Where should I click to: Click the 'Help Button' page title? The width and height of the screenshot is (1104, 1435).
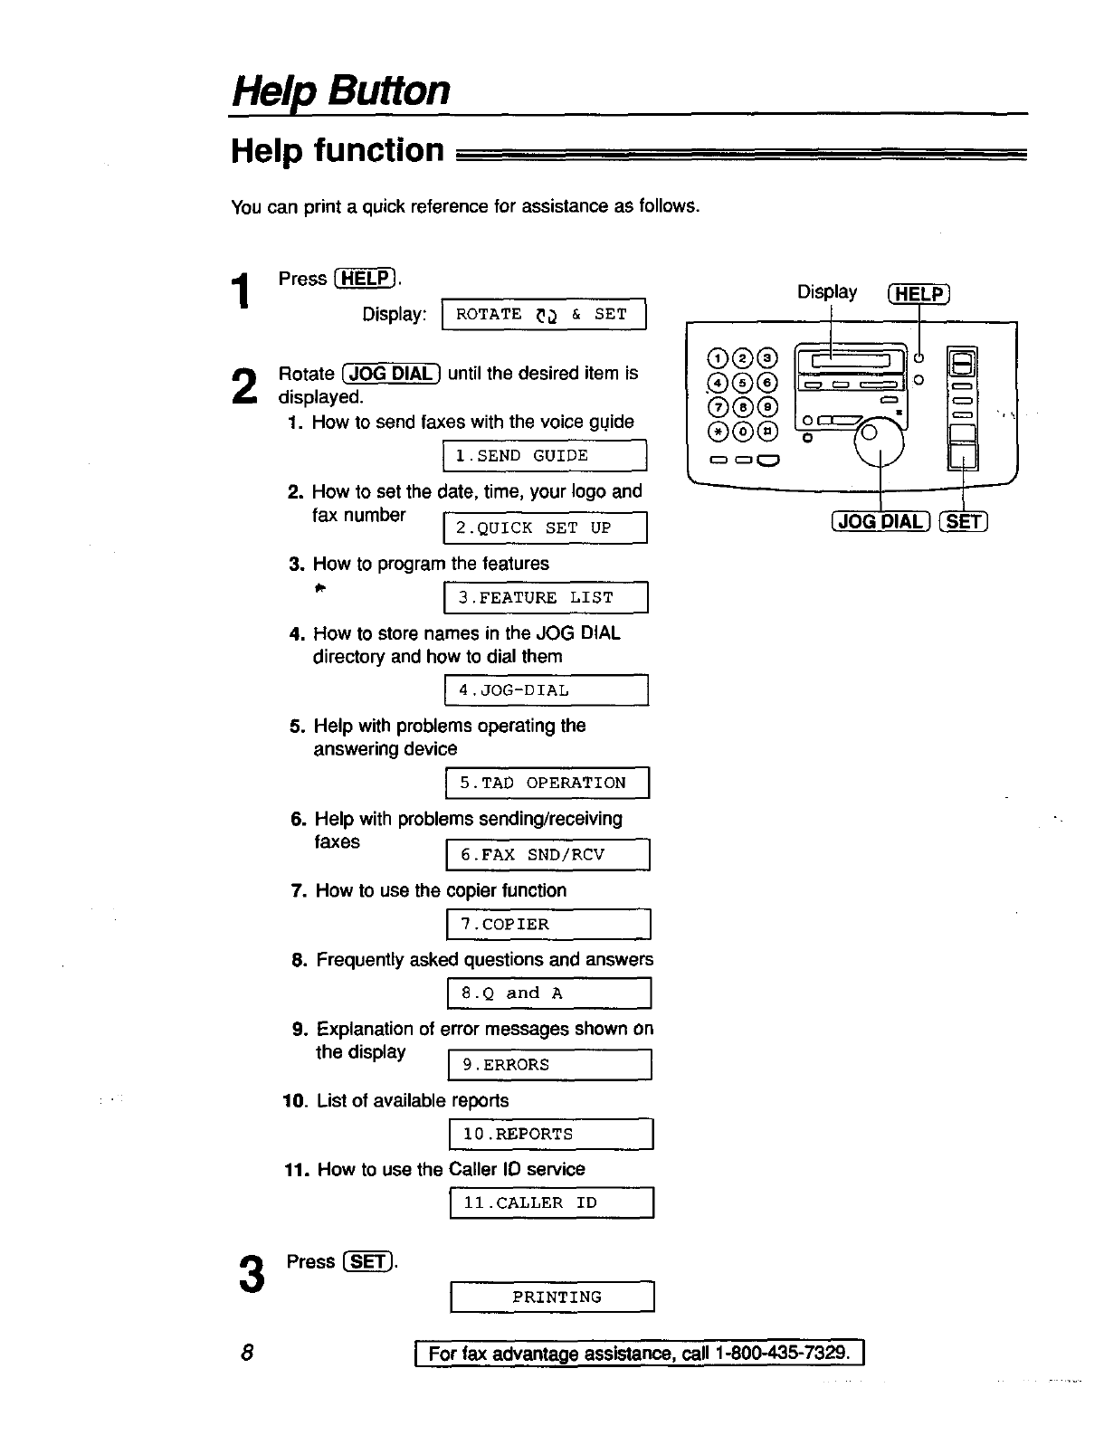[340, 90]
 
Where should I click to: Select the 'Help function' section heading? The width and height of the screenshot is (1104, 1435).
[338, 150]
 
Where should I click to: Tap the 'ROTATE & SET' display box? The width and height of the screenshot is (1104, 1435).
[543, 314]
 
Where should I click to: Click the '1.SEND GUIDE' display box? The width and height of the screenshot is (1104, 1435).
[545, 456]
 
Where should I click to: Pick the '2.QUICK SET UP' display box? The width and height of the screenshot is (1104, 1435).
[545, 527]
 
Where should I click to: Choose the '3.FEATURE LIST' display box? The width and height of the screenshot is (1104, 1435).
[547, 597]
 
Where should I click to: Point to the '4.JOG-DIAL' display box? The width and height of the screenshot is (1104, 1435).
[547, 690]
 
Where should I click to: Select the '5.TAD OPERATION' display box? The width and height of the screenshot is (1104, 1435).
[547, 783]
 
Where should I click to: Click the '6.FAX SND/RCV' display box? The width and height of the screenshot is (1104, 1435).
[548, 854]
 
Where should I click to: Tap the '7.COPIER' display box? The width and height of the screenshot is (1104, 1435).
[548, 924]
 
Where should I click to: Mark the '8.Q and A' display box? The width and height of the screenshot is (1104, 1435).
[549, 993]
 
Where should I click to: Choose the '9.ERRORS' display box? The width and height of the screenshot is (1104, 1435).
[550, 1065]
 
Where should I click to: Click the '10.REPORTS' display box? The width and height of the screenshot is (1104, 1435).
[551, 1134]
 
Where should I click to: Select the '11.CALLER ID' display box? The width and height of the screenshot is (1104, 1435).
[551, 1202]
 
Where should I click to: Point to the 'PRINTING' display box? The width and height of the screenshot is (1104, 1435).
[552, 1297]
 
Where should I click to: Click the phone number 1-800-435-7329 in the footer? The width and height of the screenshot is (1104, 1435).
[782, 1354]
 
